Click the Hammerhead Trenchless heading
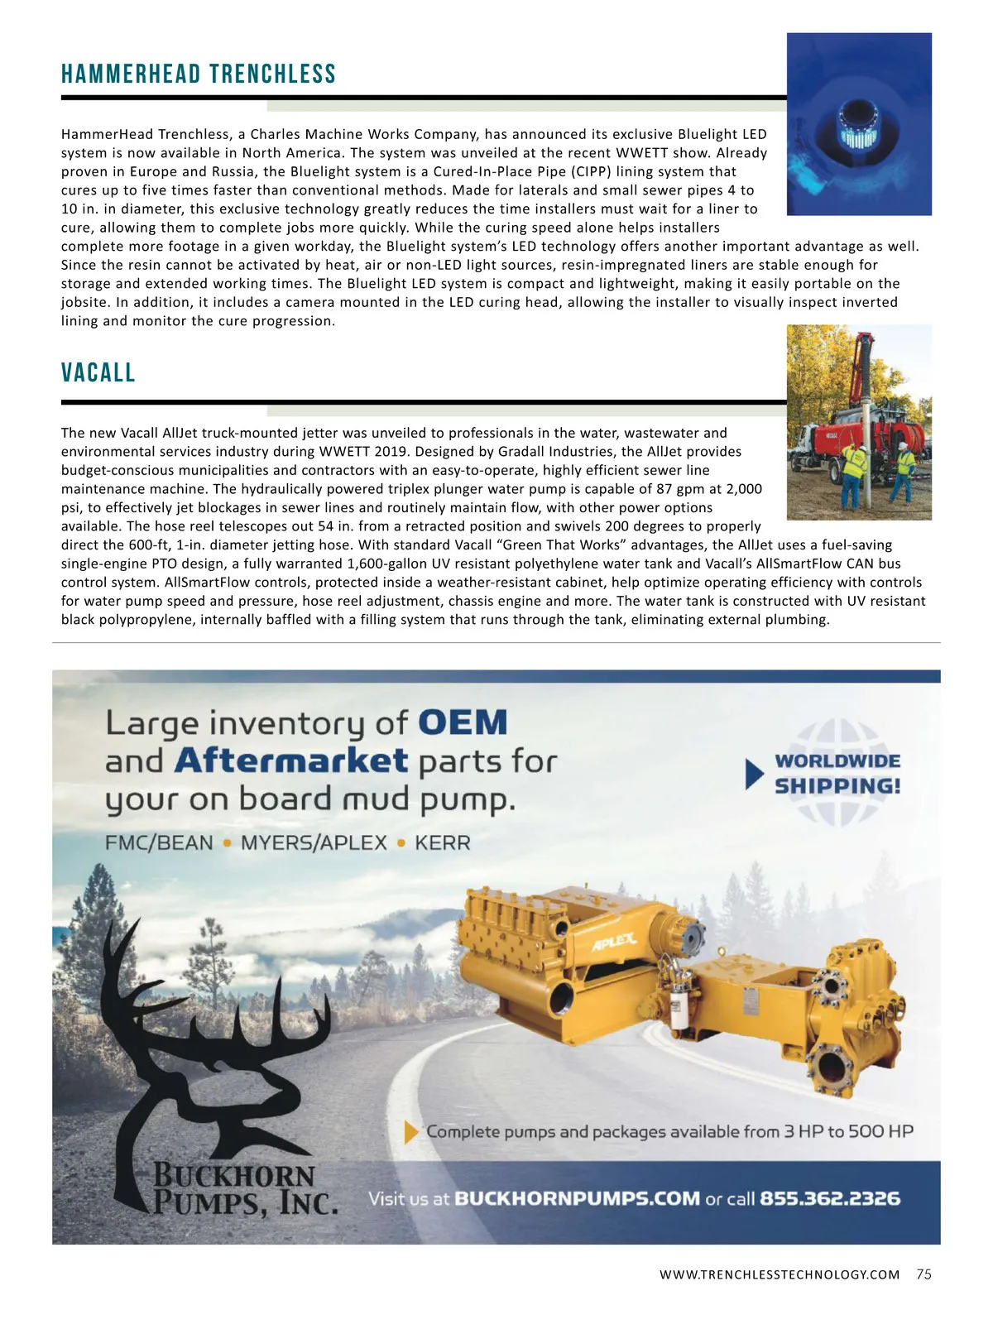tap(199, 74)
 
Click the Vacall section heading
tap(98, 372)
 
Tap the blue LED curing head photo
tap(859, 124)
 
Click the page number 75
tap(923, 1274)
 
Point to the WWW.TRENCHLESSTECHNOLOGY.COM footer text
tap(779, 1274)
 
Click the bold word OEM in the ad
tap(463, 722)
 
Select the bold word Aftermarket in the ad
tap(291, 760)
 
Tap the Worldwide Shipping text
tap(837, 773)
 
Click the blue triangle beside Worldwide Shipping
tap(754, 774)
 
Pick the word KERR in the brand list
tap(442, 843)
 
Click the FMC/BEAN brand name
tap(159, 843)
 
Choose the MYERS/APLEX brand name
tap(314, 843)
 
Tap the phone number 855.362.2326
tap(829, 1198)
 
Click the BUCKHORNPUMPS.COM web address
tap(577, 1198)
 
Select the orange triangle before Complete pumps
tap(410, 1132)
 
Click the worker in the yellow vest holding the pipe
tap(851, 472)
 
